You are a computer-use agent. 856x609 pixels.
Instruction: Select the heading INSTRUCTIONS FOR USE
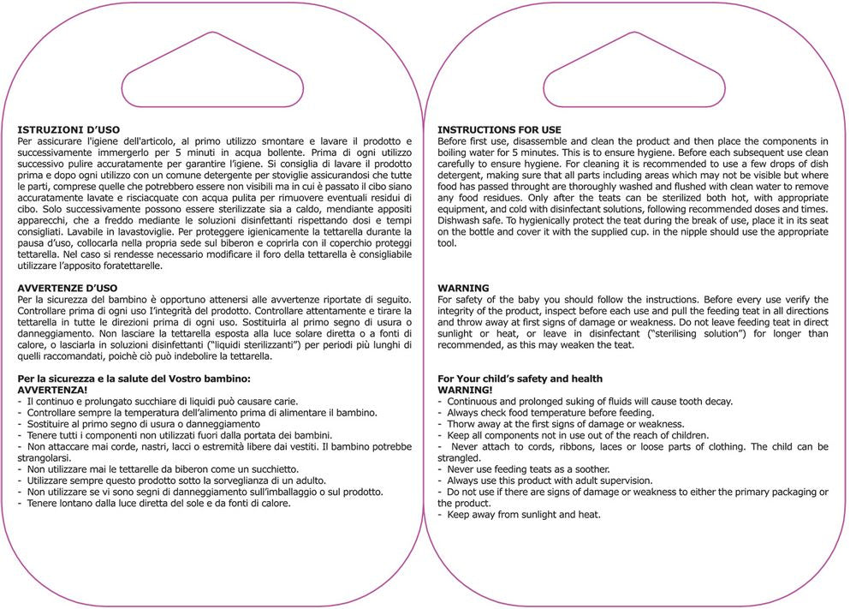(x=499, y=130)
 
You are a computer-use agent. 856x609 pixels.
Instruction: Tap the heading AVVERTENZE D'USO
(x=68, y=288)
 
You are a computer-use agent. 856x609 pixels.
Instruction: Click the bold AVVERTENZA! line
(x=53, y=390)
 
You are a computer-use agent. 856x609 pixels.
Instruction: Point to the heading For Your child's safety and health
(x=520, y=379)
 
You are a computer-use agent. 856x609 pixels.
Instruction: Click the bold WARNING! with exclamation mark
(x=465, y=390)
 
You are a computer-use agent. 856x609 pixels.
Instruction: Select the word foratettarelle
(x=125, y=266)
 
